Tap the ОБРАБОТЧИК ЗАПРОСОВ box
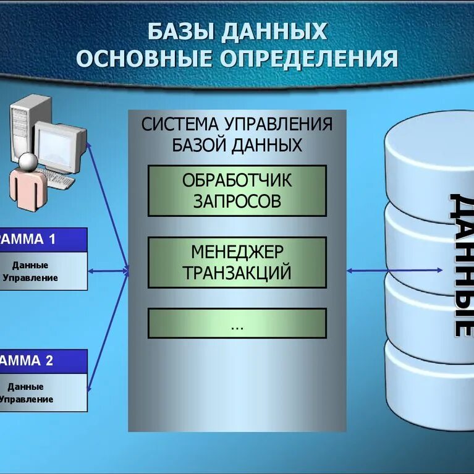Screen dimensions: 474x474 (237, 190)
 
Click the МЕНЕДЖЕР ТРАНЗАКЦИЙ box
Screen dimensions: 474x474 (237, 262)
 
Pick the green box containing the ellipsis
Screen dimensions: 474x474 (237, 323)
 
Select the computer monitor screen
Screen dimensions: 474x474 (57, 146)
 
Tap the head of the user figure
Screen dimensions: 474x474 (27, 162)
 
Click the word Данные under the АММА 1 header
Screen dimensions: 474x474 (30, 265)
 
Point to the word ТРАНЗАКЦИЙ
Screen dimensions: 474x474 (237, 273)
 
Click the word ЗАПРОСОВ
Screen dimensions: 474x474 (237, 201)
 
